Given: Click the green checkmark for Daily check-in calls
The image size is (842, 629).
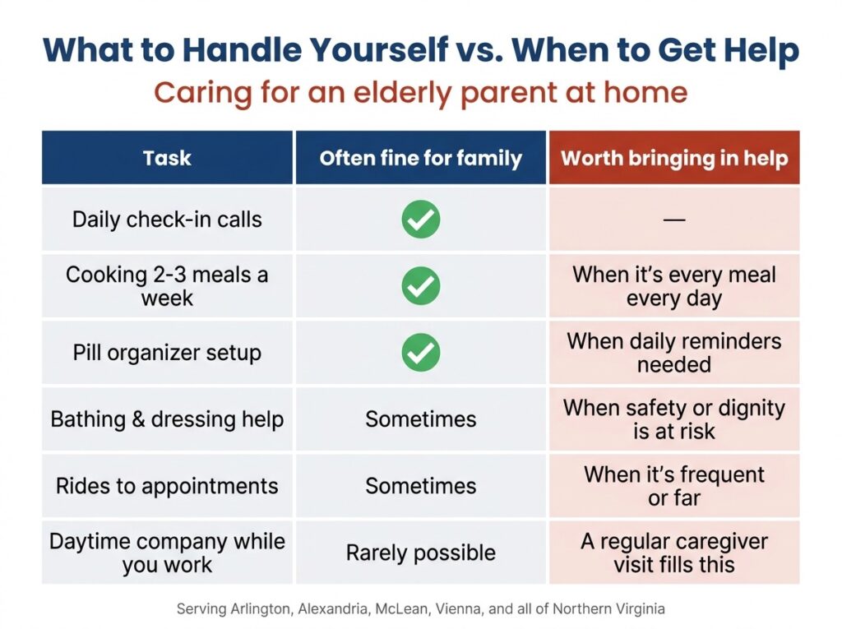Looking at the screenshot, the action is click(x=420, y=220).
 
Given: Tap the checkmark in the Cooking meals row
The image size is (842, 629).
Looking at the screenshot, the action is click(x=420, y=286).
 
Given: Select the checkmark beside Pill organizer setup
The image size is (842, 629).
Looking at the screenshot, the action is click(x=420, y=353).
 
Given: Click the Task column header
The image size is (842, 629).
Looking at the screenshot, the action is click(x=167, y=158).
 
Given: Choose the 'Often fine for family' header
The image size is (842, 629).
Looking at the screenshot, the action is click(x=420, y=158).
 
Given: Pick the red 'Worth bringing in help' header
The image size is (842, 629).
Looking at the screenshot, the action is click(x=674, y=158).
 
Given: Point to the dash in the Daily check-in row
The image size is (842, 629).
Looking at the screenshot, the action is click(x=674, y=220).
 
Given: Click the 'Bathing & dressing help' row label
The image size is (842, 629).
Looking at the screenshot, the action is click(x=167, y=419).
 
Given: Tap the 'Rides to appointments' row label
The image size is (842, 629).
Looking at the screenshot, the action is click(x=167, y=486).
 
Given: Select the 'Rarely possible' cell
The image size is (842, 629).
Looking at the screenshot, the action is click(x=420, y=553).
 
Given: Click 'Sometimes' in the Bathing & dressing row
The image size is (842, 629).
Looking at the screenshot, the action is click(x=420, y=419).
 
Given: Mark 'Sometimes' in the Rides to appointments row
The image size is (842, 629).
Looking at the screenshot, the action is click(x=420, y=486).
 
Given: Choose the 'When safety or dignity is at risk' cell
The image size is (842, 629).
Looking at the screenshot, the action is click(x=674, y=419).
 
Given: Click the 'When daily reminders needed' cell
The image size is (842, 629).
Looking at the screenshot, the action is click(x=674, y=353).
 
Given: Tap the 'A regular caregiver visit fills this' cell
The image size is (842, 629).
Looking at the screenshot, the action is click(x=674, y=553).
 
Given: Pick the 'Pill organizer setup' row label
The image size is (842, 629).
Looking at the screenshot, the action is click(x=167, y=353).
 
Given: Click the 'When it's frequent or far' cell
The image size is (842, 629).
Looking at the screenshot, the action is click(x=674, y=486).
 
